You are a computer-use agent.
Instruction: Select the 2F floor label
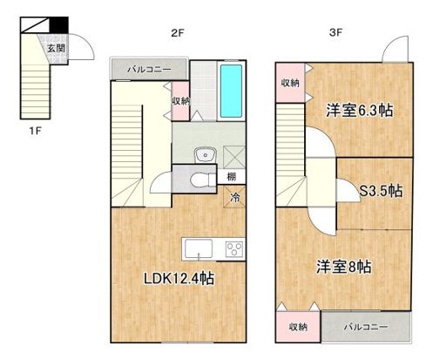pyautogui.click(x=177, y=35)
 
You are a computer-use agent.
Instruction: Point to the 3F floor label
pyautogui.click(x=335, y=35)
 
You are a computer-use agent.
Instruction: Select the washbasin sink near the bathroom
pyautogui.click(x=205, y=156)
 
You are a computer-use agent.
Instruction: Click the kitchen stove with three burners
pyautogui.click(x=234, y=248)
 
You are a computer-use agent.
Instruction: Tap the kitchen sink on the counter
pyautogui.click(x=198, y=248)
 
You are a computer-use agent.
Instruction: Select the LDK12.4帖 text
pyautogui.click(x=179, y=280)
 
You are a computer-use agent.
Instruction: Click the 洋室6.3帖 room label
pyautogui.click(x=359, y=112)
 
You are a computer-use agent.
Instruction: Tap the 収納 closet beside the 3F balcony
pyautogui.click(x=297, y=328)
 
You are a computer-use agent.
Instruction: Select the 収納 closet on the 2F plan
pyautogui.click(x=181, y=99)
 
